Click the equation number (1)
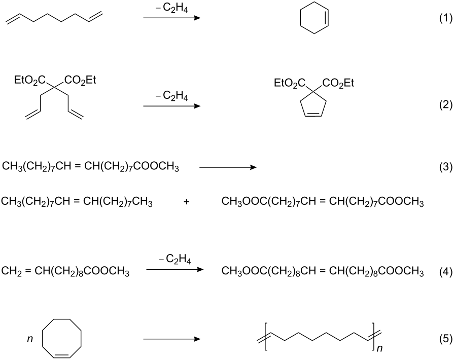coord(445,18)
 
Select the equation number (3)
coord(445,167)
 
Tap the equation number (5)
coord(445,339)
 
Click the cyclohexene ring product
coord(315,18)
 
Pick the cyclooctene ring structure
coord(61,338)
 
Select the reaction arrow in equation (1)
coord(171,18)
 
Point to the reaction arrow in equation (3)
coord(228,167)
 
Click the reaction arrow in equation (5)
coord(171,339)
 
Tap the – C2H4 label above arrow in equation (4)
coord(175,259)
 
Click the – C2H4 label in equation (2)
coord(172,95)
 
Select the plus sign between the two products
coord(187,202)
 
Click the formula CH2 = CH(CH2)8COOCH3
coord(65,272)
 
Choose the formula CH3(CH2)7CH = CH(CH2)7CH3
coord(77,201)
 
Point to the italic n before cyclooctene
coord(30,339)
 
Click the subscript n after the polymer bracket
coord(379,348)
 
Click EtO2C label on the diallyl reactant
coord(29,80)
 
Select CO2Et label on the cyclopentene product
coord(338,83)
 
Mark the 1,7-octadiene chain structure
coord(54,17)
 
